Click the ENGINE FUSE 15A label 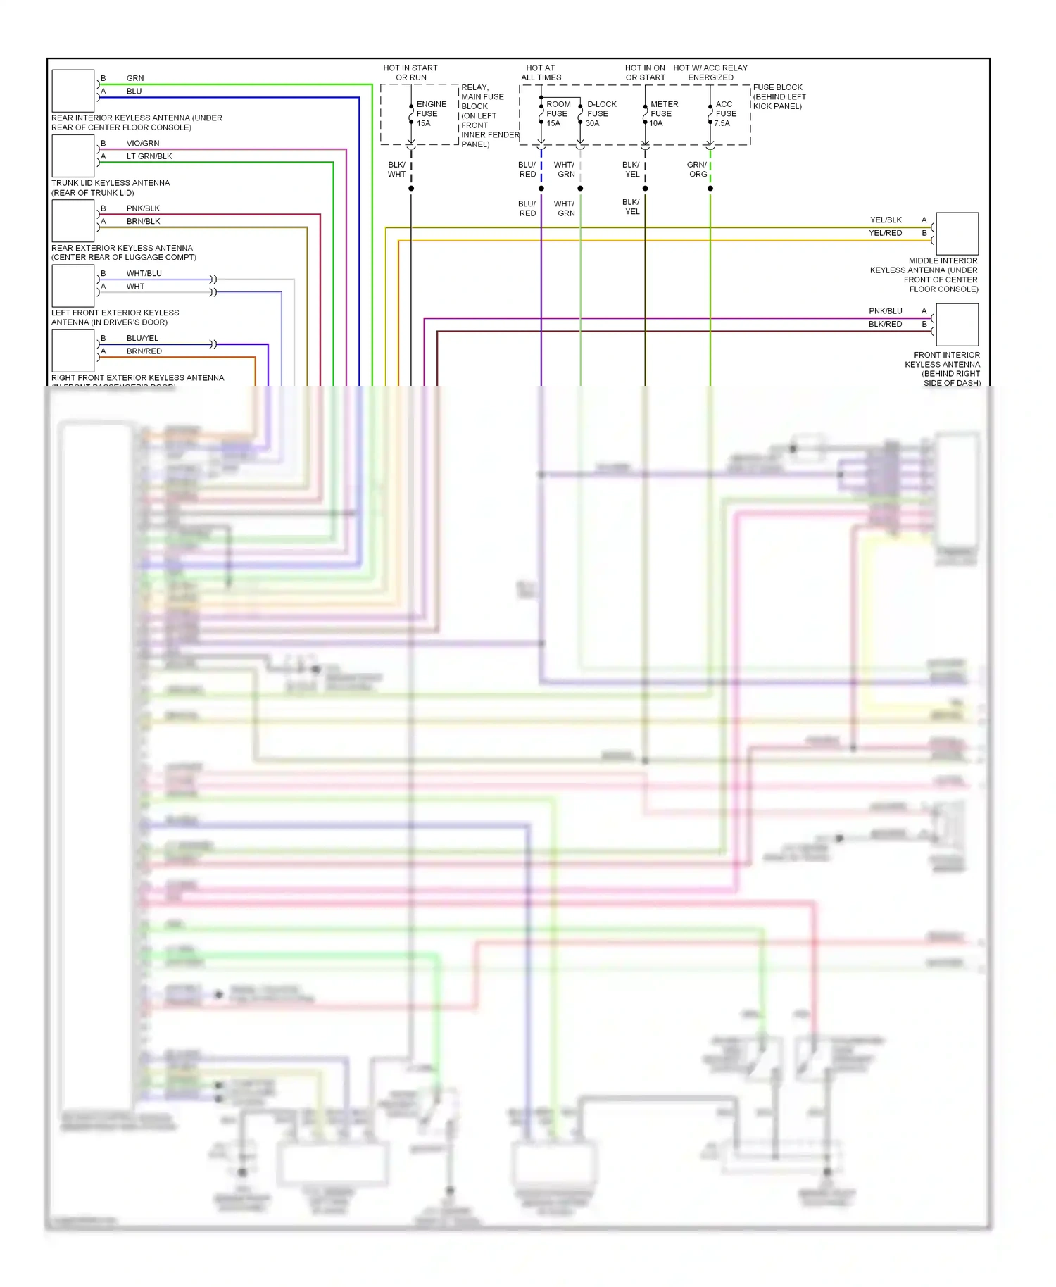tap(430, 113)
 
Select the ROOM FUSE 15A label tap(558, 113)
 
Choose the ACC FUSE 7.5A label tap(725, 113)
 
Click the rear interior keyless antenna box tap(73, 91)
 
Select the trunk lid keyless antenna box tap(73, 156)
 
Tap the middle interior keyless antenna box tap(957, 234)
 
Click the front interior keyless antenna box tap(957, 325)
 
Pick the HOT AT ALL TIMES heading tap(541, 73)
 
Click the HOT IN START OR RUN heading tap(410, 73)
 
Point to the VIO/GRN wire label tap(143, 143)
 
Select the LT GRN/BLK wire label tap(149, 156)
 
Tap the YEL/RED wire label tap(885, 233)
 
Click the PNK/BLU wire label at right tap(885, 310)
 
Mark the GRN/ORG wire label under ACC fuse tap(697, 170)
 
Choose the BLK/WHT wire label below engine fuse tap(396, 170)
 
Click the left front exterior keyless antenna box tap(73, 286)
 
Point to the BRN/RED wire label tap(144, 351)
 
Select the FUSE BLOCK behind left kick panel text tap(779, 96)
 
